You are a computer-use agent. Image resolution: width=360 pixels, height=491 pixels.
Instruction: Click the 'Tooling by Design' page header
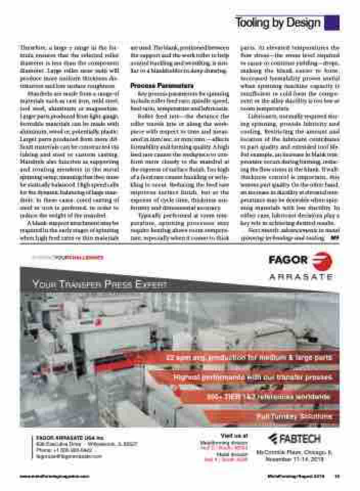[x=278, y=23]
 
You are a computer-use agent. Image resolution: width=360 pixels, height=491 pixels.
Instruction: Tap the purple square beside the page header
[x=332, y=23]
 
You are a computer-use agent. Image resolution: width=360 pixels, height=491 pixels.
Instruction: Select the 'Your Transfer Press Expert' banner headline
[x=99, y=284]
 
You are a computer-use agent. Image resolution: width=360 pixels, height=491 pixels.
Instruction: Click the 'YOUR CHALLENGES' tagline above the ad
[x=77, y=257]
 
